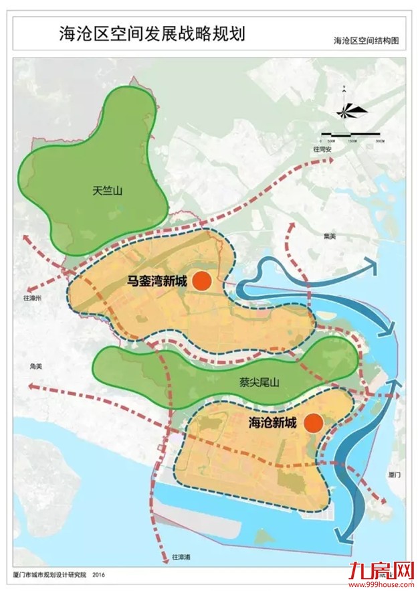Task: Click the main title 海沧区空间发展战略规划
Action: pyautogui.click(x=153, y=33)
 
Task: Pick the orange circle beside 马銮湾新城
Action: pyautogui.click(x=202, y=282)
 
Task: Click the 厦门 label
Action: pyautogui.click(x=394, y=474)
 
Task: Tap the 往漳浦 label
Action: pyautogui.click(x=181, y=556)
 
